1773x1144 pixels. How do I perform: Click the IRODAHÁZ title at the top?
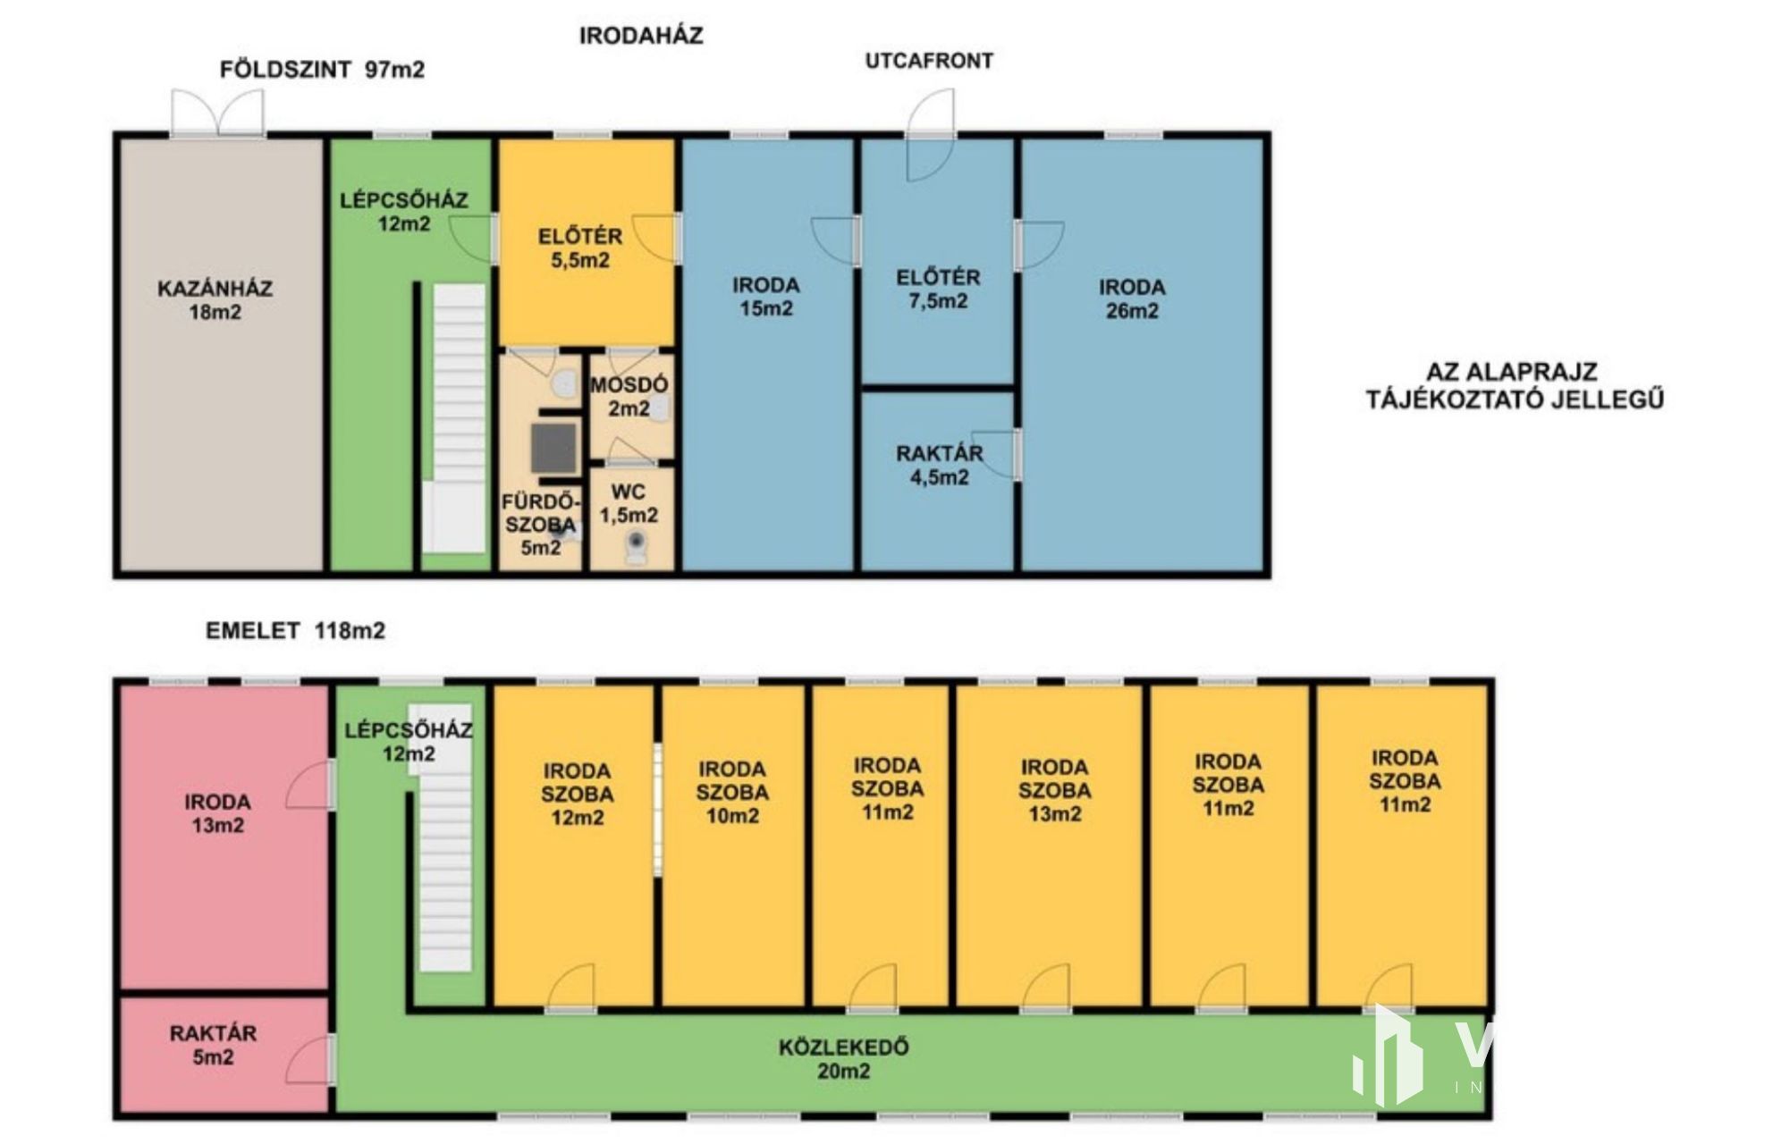coord(641,36)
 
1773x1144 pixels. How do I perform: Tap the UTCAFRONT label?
coord(929,61)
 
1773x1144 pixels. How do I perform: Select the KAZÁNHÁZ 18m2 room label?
coord(215,300)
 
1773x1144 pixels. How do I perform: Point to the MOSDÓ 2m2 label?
coord(629,396)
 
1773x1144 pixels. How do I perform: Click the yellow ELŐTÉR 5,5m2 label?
coord(580,248)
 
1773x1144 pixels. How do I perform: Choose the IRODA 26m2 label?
coord(1132,299)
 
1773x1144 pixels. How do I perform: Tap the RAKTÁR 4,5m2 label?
coord(940,466)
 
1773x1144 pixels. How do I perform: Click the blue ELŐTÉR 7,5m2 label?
coord(938,289)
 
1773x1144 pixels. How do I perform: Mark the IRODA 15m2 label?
coord(766,297)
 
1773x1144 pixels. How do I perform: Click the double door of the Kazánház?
coord(218,113)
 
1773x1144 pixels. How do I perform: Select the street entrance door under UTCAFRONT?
coord(931,134)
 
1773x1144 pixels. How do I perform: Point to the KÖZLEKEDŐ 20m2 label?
coord(843,1059)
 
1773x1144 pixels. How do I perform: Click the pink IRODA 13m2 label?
coord(217,813)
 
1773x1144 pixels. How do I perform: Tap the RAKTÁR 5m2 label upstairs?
coord(213,1045)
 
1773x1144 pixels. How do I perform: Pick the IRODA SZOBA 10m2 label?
coord(732,793)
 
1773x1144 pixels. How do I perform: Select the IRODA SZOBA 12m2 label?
coord(577,795)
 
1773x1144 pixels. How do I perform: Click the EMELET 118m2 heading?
coord(295,631)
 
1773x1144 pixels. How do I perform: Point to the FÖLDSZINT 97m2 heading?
coord(322,70)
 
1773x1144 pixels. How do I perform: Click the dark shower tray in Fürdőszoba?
coord(554,448)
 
